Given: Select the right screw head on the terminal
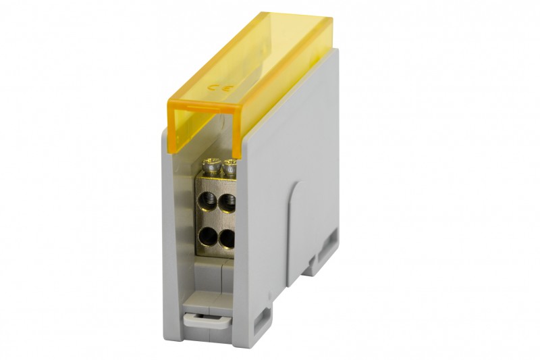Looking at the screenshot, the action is click(x=230, y=168).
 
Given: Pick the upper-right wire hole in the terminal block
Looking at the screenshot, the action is click(x=227, y=203).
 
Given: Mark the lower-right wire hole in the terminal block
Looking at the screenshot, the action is click(x=227, y=238).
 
